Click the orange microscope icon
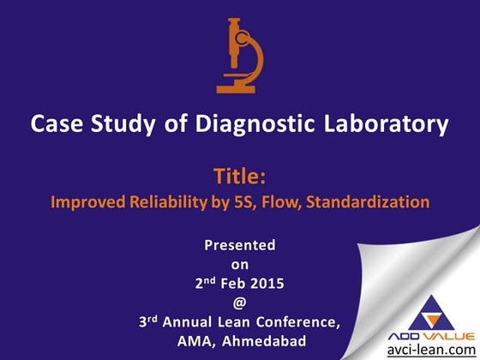[239, 55]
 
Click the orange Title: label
[239, 177]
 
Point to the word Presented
[239, 245]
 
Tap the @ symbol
[239, 303]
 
